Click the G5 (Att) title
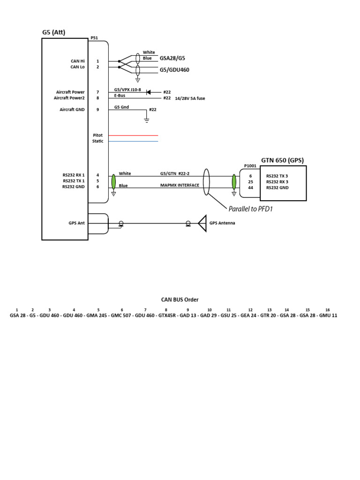pyautogui.click(x=54, y=32)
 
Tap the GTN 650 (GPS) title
pyautogui.click(x=282, y=160)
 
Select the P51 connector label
pyautogui.click(x=94, y=38)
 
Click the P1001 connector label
pyautogui.click(x=250, y=165)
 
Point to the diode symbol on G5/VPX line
pyautogui.click(x=148, y=92)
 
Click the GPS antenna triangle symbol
pyautogui.click(x=202, y=223)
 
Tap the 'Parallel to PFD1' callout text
pyautogui.click(x=250, y=209)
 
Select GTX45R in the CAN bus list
pyautogui.click(x=167, y=316)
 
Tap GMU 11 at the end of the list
pyautogui.click(x=328, y=316)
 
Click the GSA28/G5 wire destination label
pyautogui.click(x=172, y=59)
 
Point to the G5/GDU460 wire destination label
pyautogui.click(x=175, y=69)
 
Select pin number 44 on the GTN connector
pyautogui.click(x=250, y=187)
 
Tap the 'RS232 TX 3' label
pyautogui.click(x=277, y=176)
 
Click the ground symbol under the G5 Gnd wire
pyautogui.click(x=146, y=120)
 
